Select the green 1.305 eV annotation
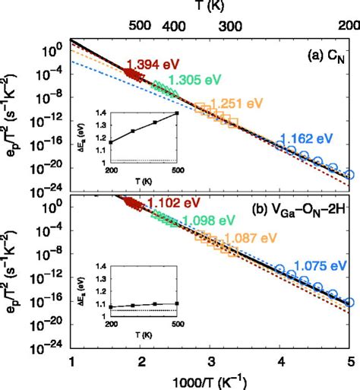[193, 80]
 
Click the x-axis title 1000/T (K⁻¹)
[210, 380]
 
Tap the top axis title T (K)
[210, 7]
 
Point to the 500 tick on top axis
[141, 26]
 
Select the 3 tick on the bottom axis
[210, 360]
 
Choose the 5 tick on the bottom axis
[349, 360]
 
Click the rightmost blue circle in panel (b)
[349, 302]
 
